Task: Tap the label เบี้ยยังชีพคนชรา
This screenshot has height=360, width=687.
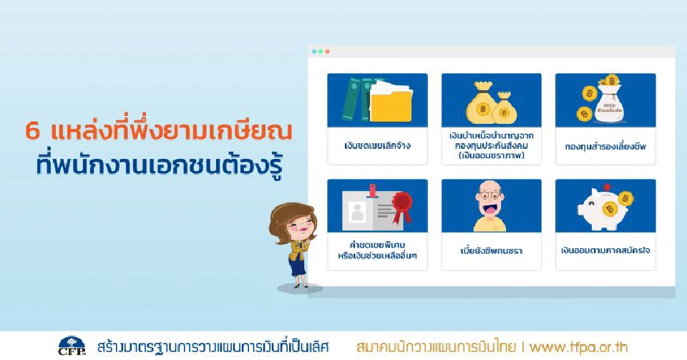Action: (491, 251)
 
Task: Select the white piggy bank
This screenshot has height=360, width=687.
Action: (598, 209)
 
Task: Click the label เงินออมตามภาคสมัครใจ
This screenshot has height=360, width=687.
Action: (605, 251)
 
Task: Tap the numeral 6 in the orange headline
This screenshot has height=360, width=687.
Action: (31, 132)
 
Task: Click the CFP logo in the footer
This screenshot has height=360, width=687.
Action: (72, 346)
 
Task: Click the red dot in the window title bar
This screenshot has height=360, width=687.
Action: (314, 52)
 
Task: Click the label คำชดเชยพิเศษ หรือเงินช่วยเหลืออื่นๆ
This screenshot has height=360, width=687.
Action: (376, 250)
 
